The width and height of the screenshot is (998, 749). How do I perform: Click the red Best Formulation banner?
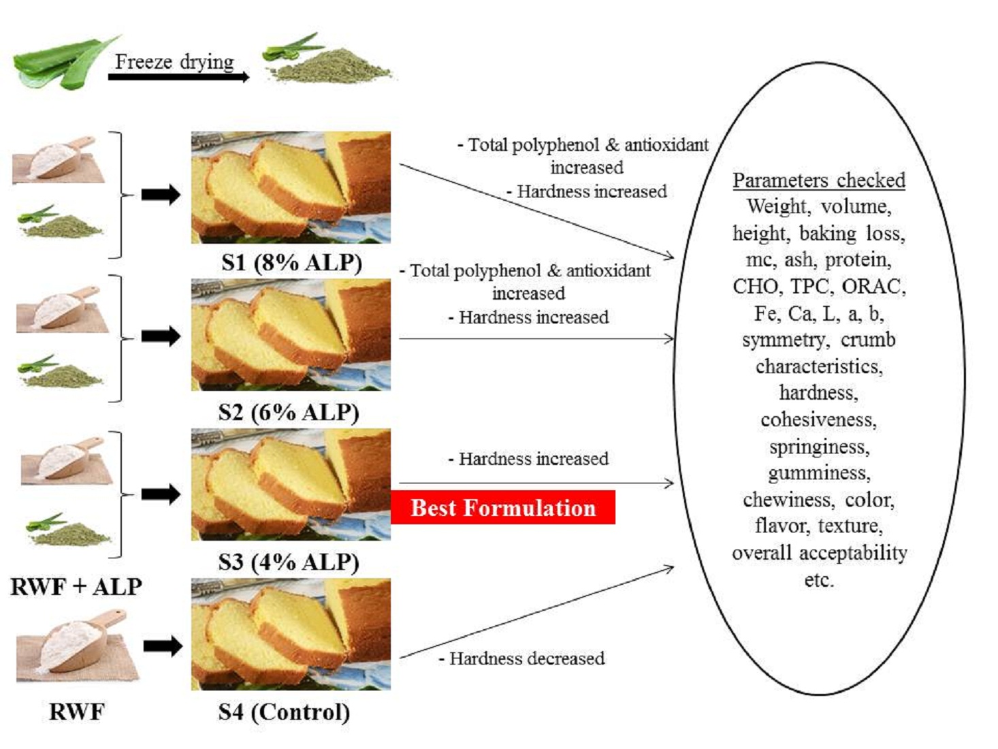click(x=502, y=508)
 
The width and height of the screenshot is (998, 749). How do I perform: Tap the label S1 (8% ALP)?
click(x=291, y=262)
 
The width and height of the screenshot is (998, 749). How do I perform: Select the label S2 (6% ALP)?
click(x=289, y=412)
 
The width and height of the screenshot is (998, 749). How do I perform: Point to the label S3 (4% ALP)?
click(x=289, y=562)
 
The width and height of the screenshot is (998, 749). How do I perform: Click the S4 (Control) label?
click(x=284, y=712)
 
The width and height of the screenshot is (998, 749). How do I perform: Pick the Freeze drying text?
click(x=174, y=61)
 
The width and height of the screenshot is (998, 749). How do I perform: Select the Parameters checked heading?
click(x=818, y=180)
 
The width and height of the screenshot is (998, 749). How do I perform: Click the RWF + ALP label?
click(x=76, y=586)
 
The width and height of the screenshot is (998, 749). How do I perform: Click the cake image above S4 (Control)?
click(x=291, y=634)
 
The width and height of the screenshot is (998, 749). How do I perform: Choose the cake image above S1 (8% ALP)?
click(x=291, y=187)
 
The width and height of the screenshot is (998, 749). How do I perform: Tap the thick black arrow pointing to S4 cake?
click(x=162, y=646)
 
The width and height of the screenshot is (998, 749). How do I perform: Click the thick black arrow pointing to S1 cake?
click(x=161, y=195)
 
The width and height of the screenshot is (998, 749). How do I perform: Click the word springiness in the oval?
click(x=819, y=447)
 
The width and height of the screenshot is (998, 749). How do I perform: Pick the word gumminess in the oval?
click(x=819, y=473)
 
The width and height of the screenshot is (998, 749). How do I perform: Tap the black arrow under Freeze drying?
click(x=178, y=77)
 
